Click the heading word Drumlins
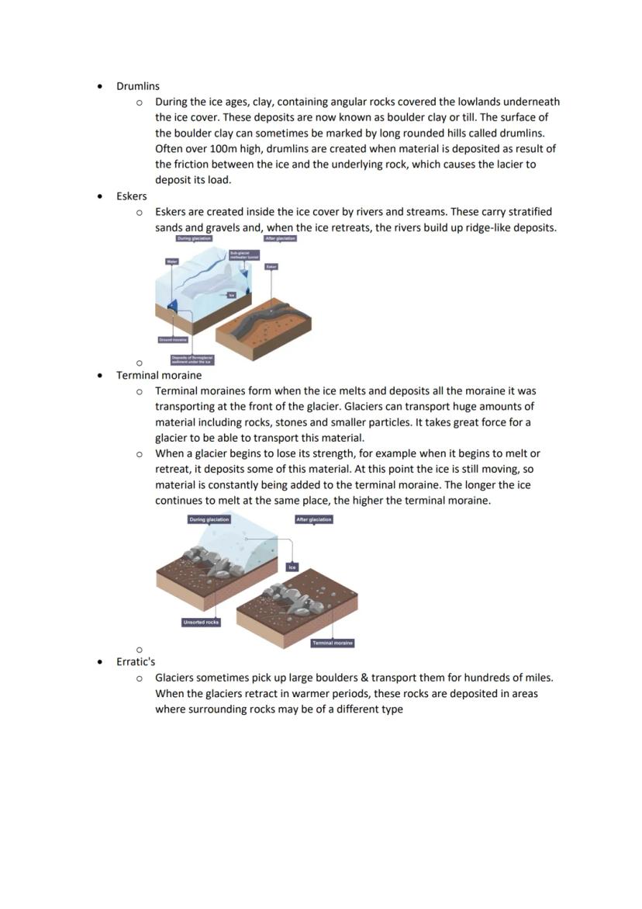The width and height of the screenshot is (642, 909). [x=137, y=86]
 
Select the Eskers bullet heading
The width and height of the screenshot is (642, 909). [x=131, y=196]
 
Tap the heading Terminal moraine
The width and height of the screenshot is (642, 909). [x=159, y=375]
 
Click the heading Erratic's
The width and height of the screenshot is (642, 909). [x=136, y=661]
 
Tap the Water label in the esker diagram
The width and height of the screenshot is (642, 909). [x=172, y=262]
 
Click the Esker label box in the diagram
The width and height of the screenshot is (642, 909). [x=271, y=266]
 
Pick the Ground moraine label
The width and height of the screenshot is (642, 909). [x=172, y=340]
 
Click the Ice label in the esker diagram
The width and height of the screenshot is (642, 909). [x=231, y=294]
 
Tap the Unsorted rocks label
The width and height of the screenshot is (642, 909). [x=201, y=622]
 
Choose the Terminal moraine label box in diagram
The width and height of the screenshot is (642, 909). [x=333, y=643]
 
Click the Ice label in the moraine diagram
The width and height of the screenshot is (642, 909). [x=292, y=567]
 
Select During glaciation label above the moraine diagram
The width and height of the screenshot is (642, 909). [x=209, y=519]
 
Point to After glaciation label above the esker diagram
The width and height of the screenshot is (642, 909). [x=280, y=238]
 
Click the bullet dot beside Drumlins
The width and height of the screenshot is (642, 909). [x=100, y=86]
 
